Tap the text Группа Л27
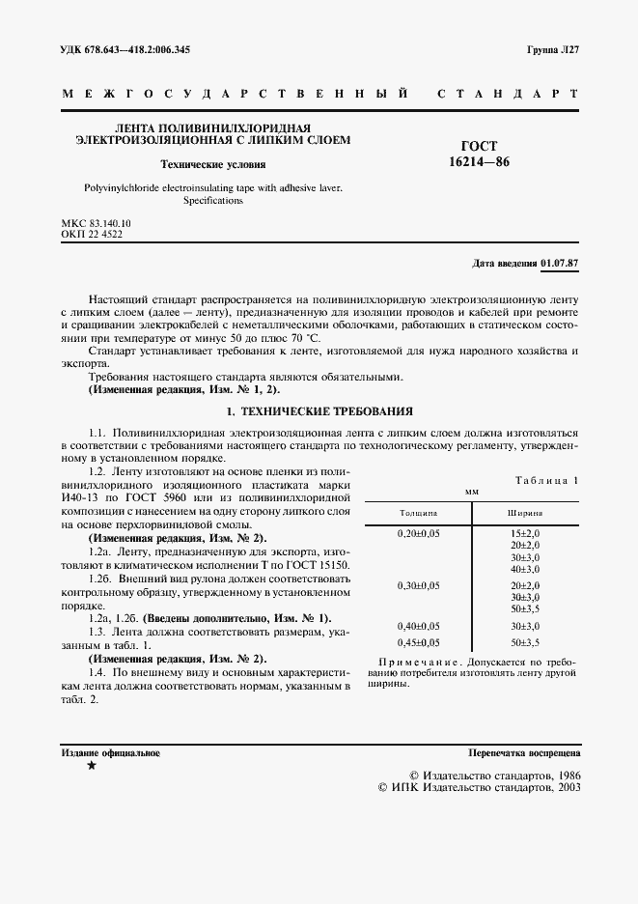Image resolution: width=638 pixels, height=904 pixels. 553,49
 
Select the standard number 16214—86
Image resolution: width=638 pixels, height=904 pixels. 480,162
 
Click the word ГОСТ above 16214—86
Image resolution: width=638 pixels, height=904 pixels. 480,147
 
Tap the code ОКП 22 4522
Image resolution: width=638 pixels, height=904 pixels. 91,235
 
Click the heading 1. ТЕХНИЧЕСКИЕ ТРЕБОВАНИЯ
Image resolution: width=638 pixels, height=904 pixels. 319,410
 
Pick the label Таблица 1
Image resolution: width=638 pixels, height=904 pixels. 547,479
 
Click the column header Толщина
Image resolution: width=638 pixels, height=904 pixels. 418,513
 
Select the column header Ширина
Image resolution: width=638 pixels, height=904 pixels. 525,513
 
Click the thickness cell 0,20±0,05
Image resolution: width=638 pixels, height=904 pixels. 419,533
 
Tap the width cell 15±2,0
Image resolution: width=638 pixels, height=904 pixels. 525,533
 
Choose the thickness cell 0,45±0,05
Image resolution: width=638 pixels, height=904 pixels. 419,642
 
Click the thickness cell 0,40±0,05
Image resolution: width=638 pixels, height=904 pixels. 419,626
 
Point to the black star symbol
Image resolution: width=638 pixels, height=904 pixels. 92,765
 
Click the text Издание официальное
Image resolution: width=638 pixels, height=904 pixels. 110,751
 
